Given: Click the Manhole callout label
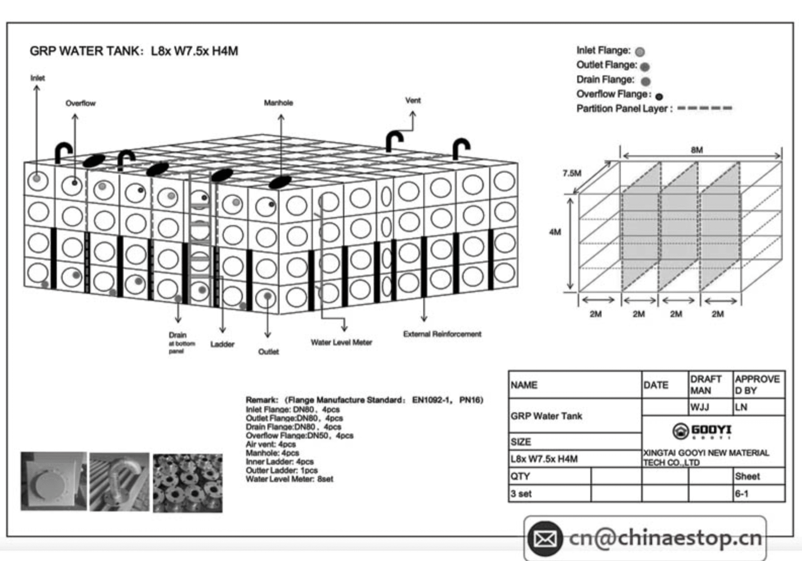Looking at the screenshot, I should point(278,103).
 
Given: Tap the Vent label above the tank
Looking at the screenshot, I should point(413,100).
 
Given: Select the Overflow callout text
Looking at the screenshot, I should point(80,103).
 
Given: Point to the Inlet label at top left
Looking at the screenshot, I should point(37,78).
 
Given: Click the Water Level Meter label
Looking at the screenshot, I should point(341,342).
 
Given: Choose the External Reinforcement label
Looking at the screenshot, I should point(442,334).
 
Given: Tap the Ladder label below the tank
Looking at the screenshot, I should point(222,344).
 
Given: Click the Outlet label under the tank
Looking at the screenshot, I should point(268,351).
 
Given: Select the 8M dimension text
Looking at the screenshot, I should point(697,150).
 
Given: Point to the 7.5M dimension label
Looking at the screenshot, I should point(572,173).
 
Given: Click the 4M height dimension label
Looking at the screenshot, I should point(555,232).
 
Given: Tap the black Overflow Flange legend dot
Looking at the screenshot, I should point(659,96).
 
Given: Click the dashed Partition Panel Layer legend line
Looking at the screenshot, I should point(704,108).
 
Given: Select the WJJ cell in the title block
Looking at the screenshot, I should point(699,407).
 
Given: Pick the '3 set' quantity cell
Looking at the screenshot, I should point(522,494).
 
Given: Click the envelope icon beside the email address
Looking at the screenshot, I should point(545,538).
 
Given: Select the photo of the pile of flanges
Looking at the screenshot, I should point(187,483).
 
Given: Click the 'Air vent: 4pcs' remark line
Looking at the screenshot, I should point(270,444).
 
